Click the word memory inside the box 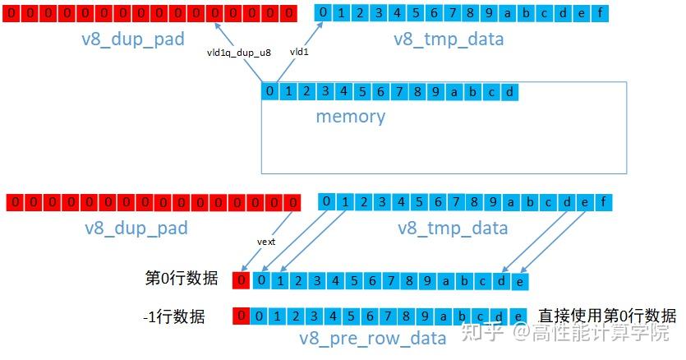(x=350, y=116)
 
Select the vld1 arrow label (x=299, y=52)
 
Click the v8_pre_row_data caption (x=373, y=338)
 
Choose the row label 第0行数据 (x=181, y=279)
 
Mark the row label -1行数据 (x=173, y=316)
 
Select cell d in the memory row (x=509, y=91)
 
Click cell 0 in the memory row (x=269, y=91)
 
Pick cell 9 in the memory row (x=435, y=91)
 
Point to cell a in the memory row (x=454, y=91)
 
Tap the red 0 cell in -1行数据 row (x=242, y=316)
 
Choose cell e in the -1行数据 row (x=518, y=316)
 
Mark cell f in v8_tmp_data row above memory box (x=601, y=12)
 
